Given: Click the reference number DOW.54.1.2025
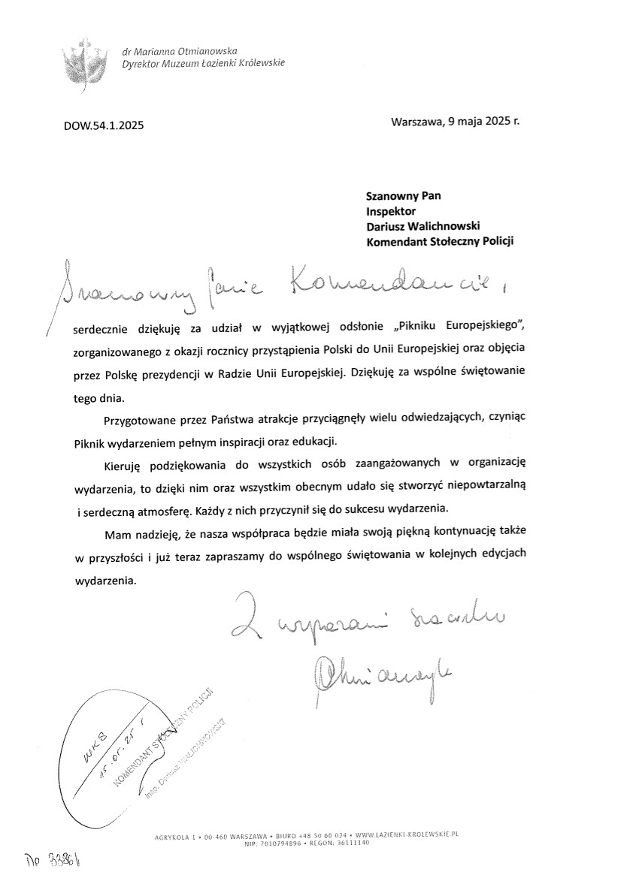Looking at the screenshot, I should click(x=103, y=125).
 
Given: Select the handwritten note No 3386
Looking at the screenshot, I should click(x=53, y=858).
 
